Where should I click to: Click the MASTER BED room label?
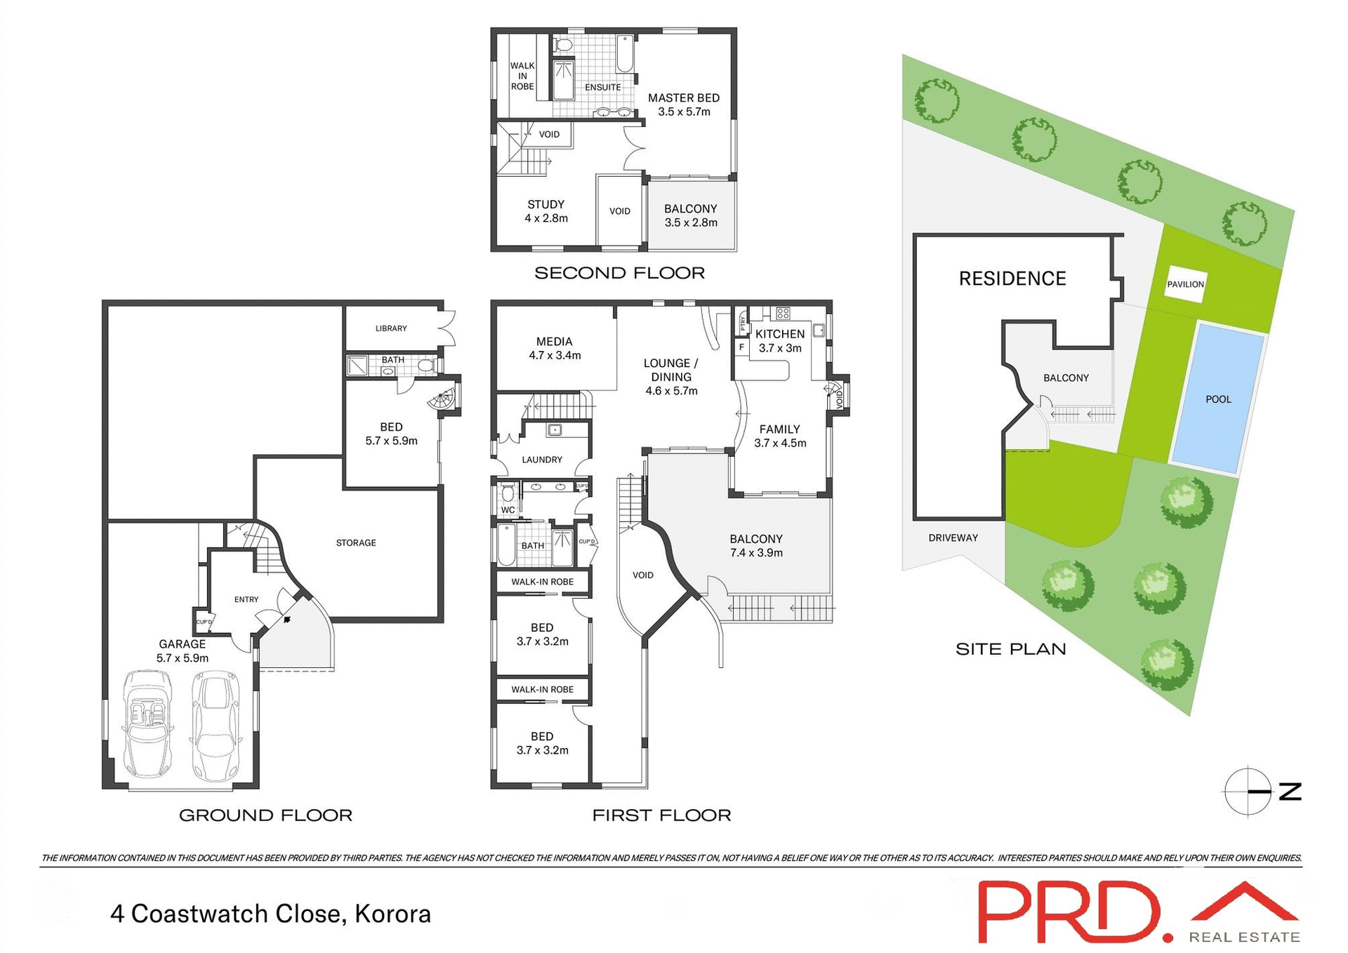click(x=683, y=98)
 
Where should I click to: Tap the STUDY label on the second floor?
click(x=546, y=204)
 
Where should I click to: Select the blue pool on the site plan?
click(x=1218, y=398)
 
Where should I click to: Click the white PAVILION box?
click(x=1185, y=284)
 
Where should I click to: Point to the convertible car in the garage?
click(x=147, y=724)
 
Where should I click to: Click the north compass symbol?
click(x=1248, y=791)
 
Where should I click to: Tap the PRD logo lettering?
click(x=1075, y=912)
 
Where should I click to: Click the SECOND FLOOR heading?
click(x=619, y=273)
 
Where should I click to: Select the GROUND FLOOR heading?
click(x=265, y=815)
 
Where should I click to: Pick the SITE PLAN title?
click(x=1010, y=649)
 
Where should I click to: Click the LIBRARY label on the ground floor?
click(x=391, y=328)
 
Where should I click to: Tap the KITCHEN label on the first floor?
click(x=779, y=334)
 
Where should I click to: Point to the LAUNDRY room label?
click(x=542, y=460)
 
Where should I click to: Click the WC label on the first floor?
click(x=508, y=510)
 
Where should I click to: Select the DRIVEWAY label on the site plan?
click(x=953, y=538)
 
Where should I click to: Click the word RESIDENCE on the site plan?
click(x=1012, y=279)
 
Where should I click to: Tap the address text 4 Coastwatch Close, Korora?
click(x=270, y=914)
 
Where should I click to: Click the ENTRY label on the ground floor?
click(x=246, y=599)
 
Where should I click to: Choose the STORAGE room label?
click(x=356, y=542)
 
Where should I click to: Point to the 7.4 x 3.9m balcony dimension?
click(x=756, y=553)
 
